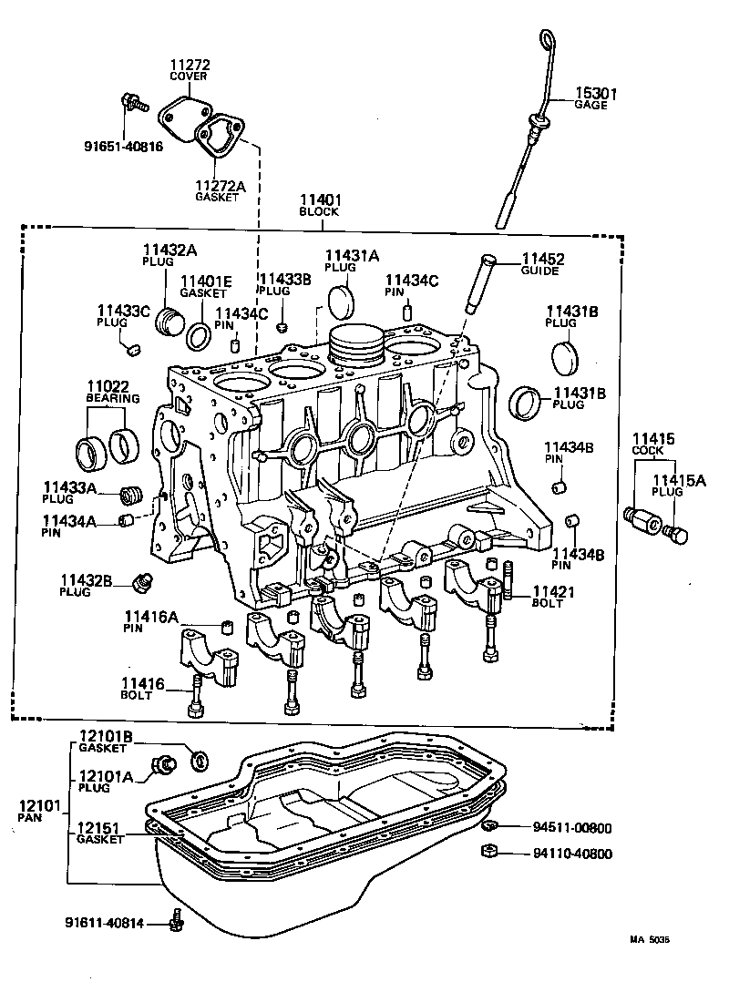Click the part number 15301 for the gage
596,93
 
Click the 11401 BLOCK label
318,205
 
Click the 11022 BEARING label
113,391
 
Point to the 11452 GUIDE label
542,263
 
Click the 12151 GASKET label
100,833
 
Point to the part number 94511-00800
572,828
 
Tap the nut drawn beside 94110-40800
488,853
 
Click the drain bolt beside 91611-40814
177,922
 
